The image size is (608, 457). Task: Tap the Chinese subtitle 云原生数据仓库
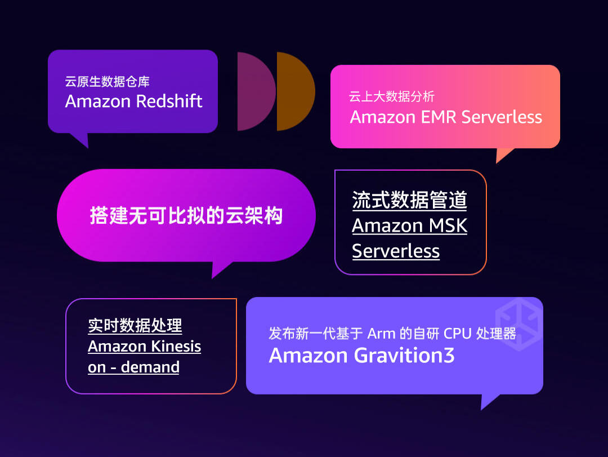(x=107, y=82)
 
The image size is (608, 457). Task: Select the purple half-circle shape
(x=254, y=91)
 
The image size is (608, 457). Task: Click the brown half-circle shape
(x=294, y=91)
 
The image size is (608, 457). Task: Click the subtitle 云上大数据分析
(x=392, y=97)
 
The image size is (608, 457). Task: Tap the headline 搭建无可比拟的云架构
(x=186, y=216)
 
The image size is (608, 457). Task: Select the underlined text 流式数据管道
(x=409, y=200)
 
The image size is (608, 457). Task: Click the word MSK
(x=448, y=225)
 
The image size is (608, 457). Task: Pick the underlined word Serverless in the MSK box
(x=396, y=251)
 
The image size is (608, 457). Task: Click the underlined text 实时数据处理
(x=135, y=326)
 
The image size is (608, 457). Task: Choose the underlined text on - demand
(x=133, y=367)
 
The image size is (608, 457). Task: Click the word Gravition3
(x=404, y=356)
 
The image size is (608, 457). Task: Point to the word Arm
(x=381, y=333)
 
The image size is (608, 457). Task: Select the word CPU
(x=458, y=333)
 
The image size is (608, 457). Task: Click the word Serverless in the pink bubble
(x=502, y=117)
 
